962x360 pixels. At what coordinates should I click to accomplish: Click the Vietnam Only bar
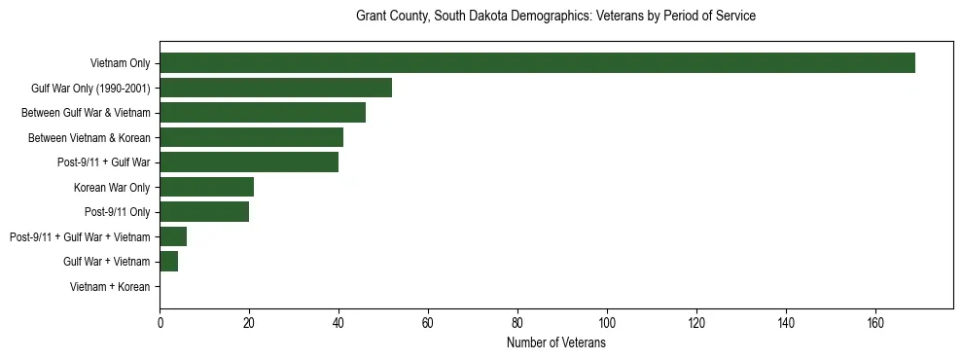point(537,63)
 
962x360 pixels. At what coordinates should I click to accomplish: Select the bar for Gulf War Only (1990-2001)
point(275,88)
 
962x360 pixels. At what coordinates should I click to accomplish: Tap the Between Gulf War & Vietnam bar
point(263,113)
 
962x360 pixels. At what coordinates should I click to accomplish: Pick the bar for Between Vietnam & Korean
point(251,137)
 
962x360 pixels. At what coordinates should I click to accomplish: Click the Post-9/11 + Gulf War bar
point(249,162)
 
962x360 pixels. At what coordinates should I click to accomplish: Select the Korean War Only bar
point(206,187)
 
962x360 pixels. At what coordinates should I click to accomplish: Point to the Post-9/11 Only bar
point(204,212)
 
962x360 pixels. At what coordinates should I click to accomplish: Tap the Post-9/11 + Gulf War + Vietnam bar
point(173,236)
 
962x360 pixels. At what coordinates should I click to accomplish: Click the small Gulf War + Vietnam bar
point(168,262)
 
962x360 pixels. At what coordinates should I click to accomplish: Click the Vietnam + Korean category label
point(110,287)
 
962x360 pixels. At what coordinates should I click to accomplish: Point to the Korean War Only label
point(112,187)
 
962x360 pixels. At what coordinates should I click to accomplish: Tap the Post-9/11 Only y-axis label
point(117,212)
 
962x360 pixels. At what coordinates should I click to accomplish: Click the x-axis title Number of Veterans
point(555,343)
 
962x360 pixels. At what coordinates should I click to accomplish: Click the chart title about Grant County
point(555,17)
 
